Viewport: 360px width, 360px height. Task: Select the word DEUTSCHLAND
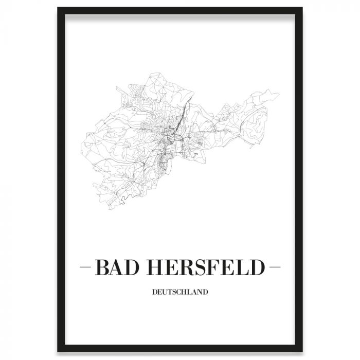click(x=180, y=293)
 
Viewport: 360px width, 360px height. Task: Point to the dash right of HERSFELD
click(x=274, y=268)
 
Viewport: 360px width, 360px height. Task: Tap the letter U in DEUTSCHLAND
click(x=164, y=293)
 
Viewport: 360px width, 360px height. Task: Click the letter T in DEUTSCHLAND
click(x=169, y=293)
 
